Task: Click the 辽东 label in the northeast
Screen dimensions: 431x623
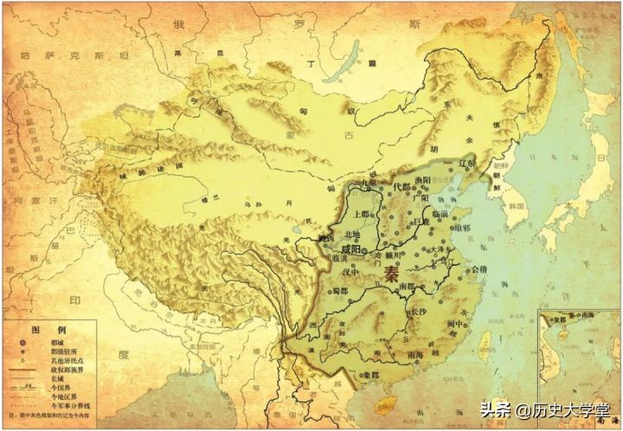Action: click(466, 164)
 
